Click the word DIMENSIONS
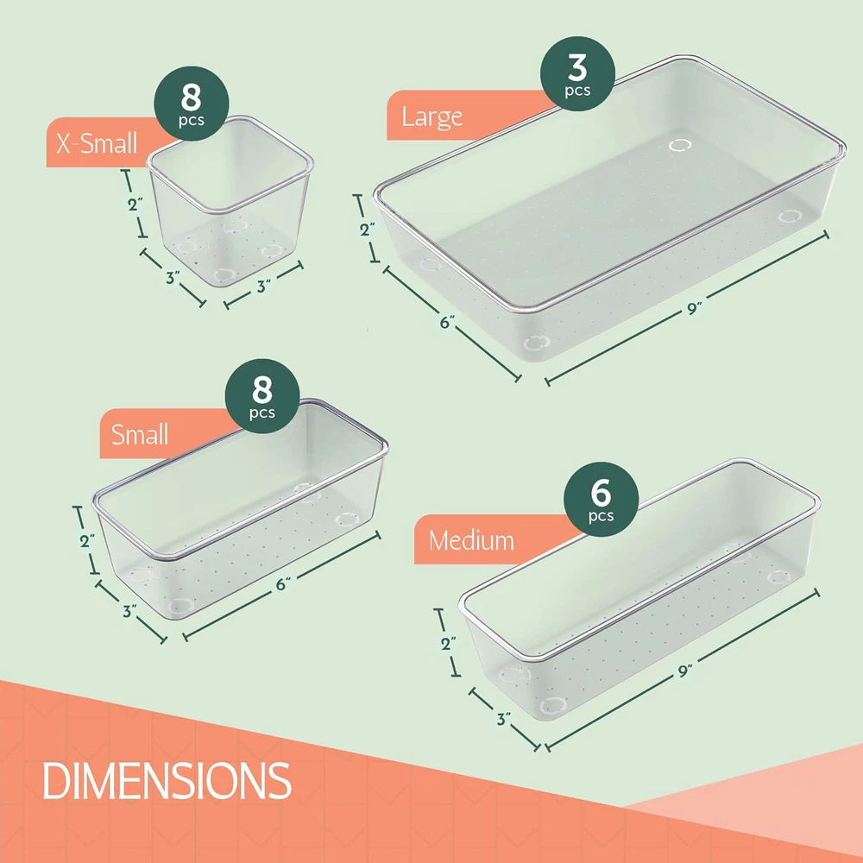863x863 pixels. click(167, 780)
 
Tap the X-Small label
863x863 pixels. click(97, 143)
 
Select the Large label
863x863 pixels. click(432, 117)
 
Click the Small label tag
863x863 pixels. click(140, 434)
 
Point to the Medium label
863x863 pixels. click(472, 540)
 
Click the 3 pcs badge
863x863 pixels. click(577, 73)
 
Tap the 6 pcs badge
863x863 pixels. click(601, 499)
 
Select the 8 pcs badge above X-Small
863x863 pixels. click(191, 104)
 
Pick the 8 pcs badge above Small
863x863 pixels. click(262, 396)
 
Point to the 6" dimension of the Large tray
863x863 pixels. click(447, 322)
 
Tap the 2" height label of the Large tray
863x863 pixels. click(368, 229)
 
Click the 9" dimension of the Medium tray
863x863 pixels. click(684, 671)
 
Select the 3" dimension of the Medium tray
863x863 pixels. click(504, 719)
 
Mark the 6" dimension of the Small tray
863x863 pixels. click(283, 584)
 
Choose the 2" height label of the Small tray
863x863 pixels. click(87, 540)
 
